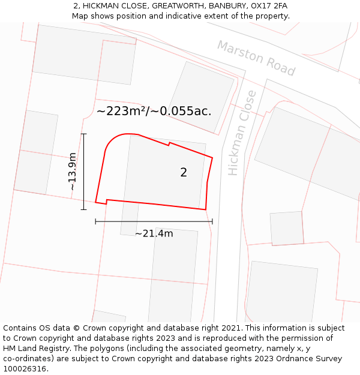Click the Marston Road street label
click(x=256, y=59)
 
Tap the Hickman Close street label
click(x=242, y=133)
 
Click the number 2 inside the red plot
click(x=184, y=173)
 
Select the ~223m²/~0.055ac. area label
click(x=154, y=111)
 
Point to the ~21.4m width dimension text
click(x=154, y=233)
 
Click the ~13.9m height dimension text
click(x=73, y=172)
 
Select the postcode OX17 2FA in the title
click(x=268, y=5)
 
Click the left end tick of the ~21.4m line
click(x=95, y=221)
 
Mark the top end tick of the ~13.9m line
click(x=83, y=134)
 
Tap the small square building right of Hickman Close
click(x=287, y=228)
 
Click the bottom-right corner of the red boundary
click(x=206, y=209)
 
